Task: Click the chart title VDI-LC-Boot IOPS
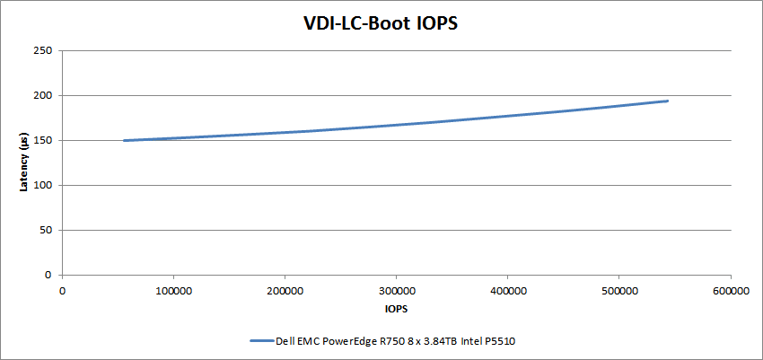[381, 23]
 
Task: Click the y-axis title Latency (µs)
[26, 162]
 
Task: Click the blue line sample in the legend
[260, 341]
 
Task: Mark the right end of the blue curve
[668, 101]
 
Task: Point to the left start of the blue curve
[124, 140]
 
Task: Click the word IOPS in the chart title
[434, 23]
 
